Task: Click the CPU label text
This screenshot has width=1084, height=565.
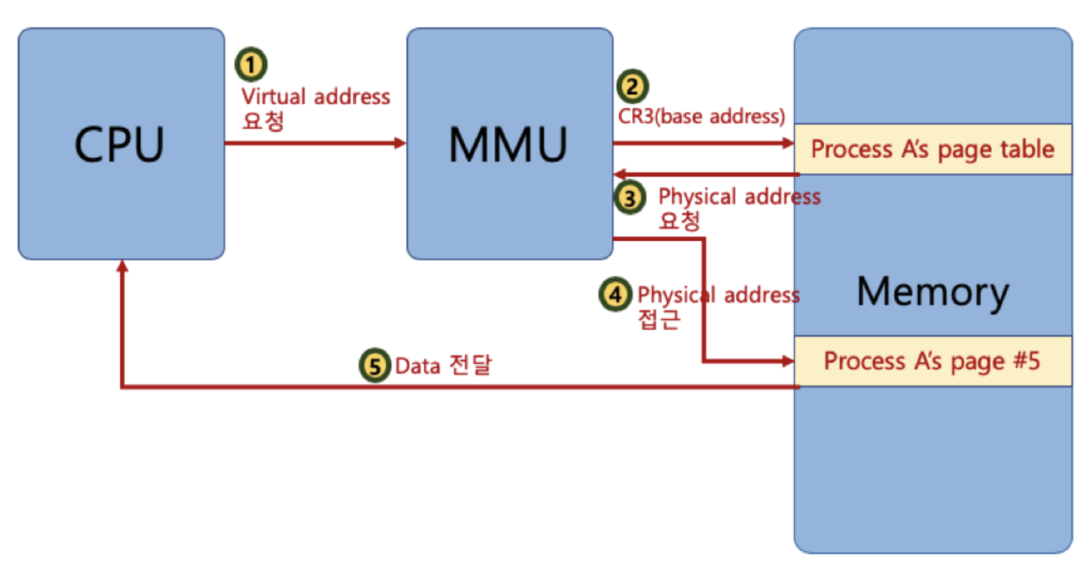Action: pyautogui.click(x=119, y=144)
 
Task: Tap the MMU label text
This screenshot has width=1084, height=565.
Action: pyautogui.click(x=508, y=144)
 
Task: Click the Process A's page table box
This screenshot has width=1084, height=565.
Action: pyautogui.click(x=933, y=149)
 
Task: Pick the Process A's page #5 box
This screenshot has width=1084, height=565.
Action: pyautogui.click(x=933, y=361)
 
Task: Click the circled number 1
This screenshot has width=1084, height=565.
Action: pyautogui.click(x=251, y=64)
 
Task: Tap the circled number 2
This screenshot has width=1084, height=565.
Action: pyautogui.click(x=632, y=87)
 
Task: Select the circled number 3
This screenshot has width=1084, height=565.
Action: pyautogui.click(x=630, y=198)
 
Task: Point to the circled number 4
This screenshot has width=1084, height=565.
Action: pyautogui.click(x=615, y=294)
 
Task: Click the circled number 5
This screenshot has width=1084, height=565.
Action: pyautogui.click(x=374, y=365)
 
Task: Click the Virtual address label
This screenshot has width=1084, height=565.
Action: pyautogui.click(x=315, y=97)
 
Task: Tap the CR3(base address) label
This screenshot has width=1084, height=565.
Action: pyautogui.click(x=701, y=116)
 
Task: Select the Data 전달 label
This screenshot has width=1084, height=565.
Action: pyautogui.click(x=443, y=365)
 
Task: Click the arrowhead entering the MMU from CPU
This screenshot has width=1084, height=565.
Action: pyautogui.click(x=400, y=143)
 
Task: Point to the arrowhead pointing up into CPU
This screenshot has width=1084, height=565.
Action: pyautogui.click(x=122, y=266)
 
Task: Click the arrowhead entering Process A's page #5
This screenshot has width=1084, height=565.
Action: pyautogui.click(x=788, y=360)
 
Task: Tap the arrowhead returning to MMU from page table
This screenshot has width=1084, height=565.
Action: pyautogui.click(x=620, y=174)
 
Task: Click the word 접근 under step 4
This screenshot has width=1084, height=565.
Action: pyautogui.click(x=658, y=319)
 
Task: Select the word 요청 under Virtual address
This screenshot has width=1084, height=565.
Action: pyautogui.click(x=263, y=120)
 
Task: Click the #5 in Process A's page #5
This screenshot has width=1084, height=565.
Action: pyautogui.click(x=1027, y=360)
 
